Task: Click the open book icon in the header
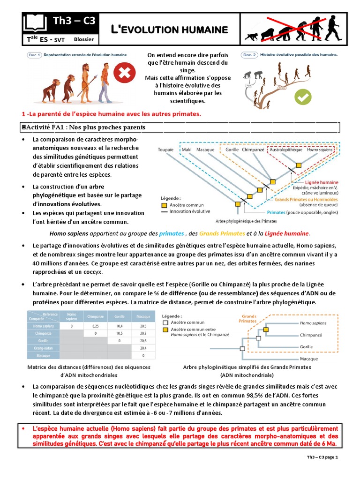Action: [x=35, y=22]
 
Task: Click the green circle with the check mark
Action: [x=302, y=97]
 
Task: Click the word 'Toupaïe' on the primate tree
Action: [x=166, y=150]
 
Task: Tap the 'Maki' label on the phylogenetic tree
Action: [x=187, y=150]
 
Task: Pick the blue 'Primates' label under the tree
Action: [x=277, y=212]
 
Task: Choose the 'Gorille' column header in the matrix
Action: [x=119, y=316]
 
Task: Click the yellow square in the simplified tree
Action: [x=266, y=330]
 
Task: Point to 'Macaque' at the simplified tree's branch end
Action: [x=309, y=359]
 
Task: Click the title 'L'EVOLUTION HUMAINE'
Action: [x=169, y=30]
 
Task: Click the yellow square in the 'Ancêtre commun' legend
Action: [x=164, y=205]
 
